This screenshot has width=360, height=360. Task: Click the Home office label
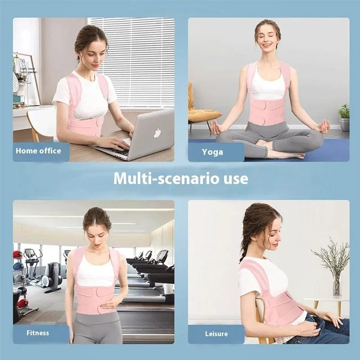(38, 151)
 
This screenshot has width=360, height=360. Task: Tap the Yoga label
(212, 152)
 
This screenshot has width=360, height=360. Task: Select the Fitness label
(37, 333)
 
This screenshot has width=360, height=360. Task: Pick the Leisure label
(216, 333)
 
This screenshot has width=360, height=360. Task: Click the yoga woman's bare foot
(275, 154)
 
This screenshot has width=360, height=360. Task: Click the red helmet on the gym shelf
(18, 256)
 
